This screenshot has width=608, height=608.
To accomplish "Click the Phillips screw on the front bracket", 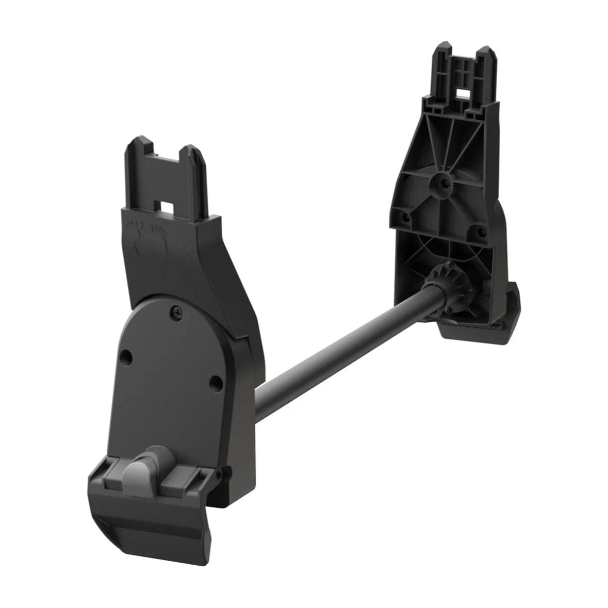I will point(177,310).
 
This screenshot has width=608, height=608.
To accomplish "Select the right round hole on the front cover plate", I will point(216,382).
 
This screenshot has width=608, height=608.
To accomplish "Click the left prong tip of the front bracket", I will point(137,142).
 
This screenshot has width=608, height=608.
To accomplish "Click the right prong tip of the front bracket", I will point(193,151).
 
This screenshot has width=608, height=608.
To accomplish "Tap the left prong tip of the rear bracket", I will point(441,49).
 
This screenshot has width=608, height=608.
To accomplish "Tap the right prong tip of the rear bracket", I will point(485,52).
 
